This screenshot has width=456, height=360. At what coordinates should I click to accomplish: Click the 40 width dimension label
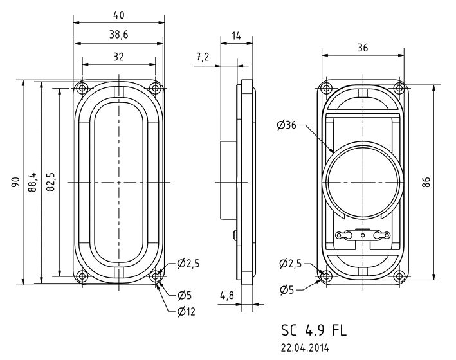point(118,15)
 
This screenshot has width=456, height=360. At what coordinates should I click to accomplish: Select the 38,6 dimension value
point(118,35)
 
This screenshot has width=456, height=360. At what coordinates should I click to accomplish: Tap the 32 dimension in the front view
point(118,57)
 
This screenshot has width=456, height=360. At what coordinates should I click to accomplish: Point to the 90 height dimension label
point(15,182)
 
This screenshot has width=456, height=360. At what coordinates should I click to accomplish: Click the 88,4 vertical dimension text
point(33,182)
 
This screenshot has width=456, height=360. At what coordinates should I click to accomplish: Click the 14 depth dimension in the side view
point(237,36)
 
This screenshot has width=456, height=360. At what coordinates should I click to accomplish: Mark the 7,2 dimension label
point(203,57)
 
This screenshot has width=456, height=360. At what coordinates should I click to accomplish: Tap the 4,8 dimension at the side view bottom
point(227,296)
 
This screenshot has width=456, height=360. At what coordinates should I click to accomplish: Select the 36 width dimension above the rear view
point(363,48)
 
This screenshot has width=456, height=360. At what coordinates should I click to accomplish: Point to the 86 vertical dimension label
point(426,183)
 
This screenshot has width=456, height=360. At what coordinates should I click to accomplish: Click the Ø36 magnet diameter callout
point(286,125)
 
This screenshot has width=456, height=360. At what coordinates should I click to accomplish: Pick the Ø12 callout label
point(186,312)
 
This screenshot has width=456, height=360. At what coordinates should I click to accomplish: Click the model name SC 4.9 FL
point(314,330)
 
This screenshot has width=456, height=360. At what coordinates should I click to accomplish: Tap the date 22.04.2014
point(305,348)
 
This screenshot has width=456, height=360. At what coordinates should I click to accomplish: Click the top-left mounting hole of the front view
point(82,88)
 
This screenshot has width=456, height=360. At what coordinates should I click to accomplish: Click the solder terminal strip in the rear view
point(363,235)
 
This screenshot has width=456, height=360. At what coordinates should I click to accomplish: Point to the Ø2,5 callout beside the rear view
point(291,264)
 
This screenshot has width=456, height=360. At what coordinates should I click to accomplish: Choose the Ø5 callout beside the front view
point(185,296)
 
